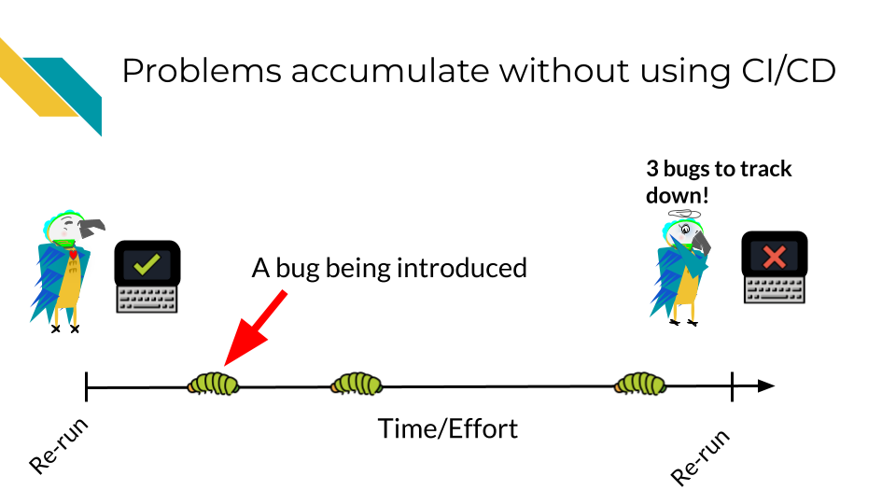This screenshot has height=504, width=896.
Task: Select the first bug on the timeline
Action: click(213, 384)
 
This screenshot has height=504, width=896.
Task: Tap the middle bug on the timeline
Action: click(356, 384)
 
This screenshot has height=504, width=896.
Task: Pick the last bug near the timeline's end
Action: click(640, 384)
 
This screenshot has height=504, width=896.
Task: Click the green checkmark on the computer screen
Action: click(147, 264)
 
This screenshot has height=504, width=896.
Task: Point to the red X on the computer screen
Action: click(775, 257)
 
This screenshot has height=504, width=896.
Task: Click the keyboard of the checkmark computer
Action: click(147, 300)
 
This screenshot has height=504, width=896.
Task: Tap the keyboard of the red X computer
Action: click(775, 290)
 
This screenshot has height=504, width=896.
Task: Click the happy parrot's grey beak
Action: click(91, 228)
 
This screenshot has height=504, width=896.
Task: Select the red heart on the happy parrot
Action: click(73, 254)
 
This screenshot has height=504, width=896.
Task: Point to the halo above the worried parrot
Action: click(684, 215)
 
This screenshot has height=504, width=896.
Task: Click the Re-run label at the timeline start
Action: click(59, 446)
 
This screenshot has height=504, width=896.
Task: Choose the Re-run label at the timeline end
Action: click(701, 457)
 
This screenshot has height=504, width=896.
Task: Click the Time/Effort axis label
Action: click(448, 429)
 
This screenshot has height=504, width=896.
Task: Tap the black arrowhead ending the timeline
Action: click(766, 386)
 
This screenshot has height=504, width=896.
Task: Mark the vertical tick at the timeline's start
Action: click(86, 386)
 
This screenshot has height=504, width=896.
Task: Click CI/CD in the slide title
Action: click(789, 72)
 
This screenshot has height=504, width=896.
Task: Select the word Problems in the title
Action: click(202, 72)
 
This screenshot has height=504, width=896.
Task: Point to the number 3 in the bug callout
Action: click(652, 169)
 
